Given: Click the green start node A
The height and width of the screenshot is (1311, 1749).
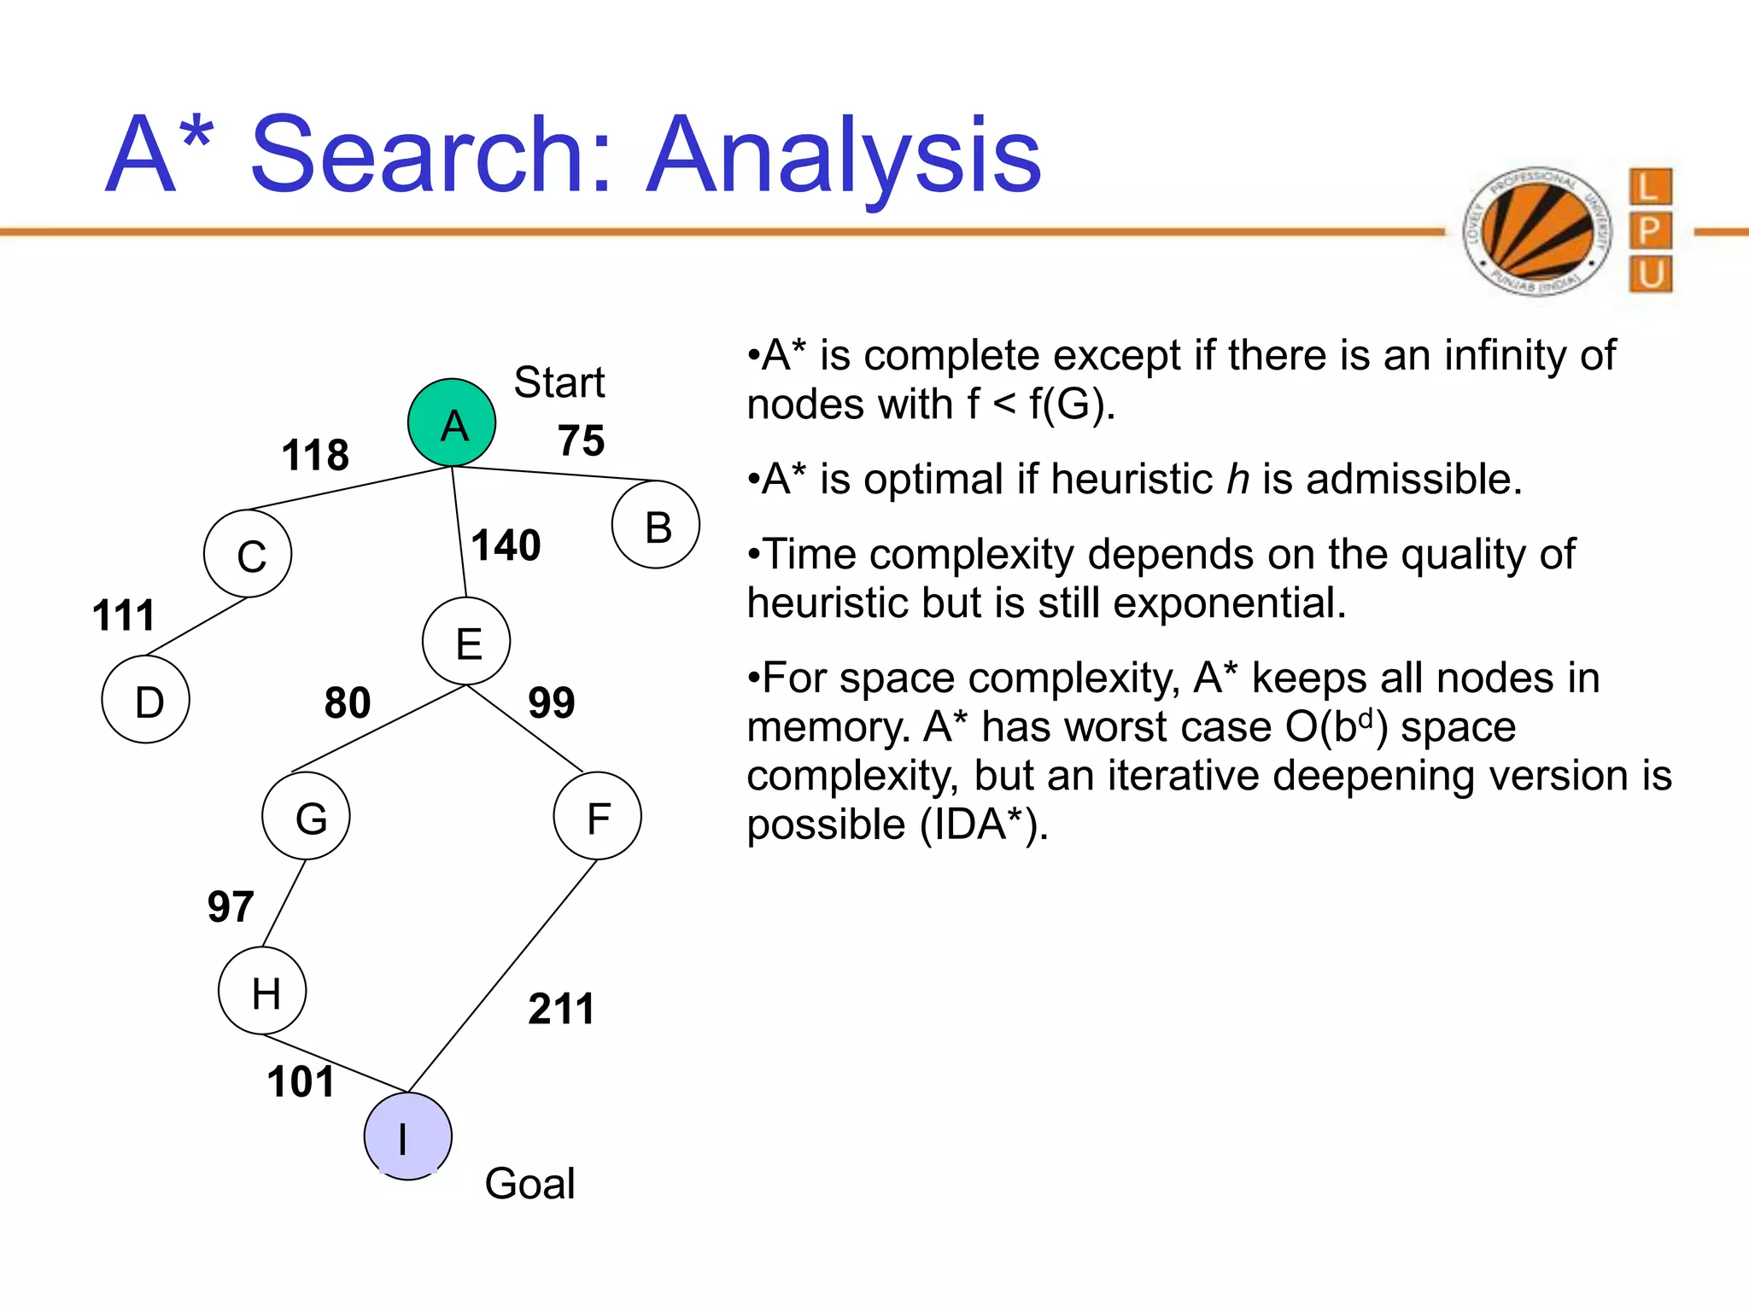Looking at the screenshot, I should point(452,422).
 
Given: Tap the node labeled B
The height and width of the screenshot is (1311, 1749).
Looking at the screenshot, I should point(656,525).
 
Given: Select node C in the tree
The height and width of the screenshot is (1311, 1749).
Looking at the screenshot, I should point(248,554).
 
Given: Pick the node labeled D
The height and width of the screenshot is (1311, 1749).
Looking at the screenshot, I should point(146,699).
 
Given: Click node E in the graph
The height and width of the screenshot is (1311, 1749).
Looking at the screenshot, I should point(466,641).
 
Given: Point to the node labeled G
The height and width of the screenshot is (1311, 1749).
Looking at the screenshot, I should point(306,816).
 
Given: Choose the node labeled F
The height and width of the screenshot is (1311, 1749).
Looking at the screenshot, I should point(597,816).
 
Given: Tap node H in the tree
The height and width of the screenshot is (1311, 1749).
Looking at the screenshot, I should point(262,991).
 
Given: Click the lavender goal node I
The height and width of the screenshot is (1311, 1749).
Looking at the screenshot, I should point(407,1136).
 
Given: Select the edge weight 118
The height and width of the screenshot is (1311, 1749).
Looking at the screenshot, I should point(315,455).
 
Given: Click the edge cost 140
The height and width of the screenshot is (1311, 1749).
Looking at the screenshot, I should point(506,545).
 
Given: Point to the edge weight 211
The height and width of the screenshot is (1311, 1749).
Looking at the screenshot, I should point(560,1009).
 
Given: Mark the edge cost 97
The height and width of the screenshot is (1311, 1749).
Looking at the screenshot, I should point(231,906).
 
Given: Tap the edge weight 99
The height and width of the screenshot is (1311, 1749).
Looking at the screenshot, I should point(551,703).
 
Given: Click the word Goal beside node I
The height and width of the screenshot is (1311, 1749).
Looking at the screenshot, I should point(529,1184).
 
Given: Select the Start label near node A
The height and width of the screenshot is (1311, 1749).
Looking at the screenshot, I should point(559,382).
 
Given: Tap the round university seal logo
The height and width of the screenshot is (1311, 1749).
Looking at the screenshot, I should point(1537,230).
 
